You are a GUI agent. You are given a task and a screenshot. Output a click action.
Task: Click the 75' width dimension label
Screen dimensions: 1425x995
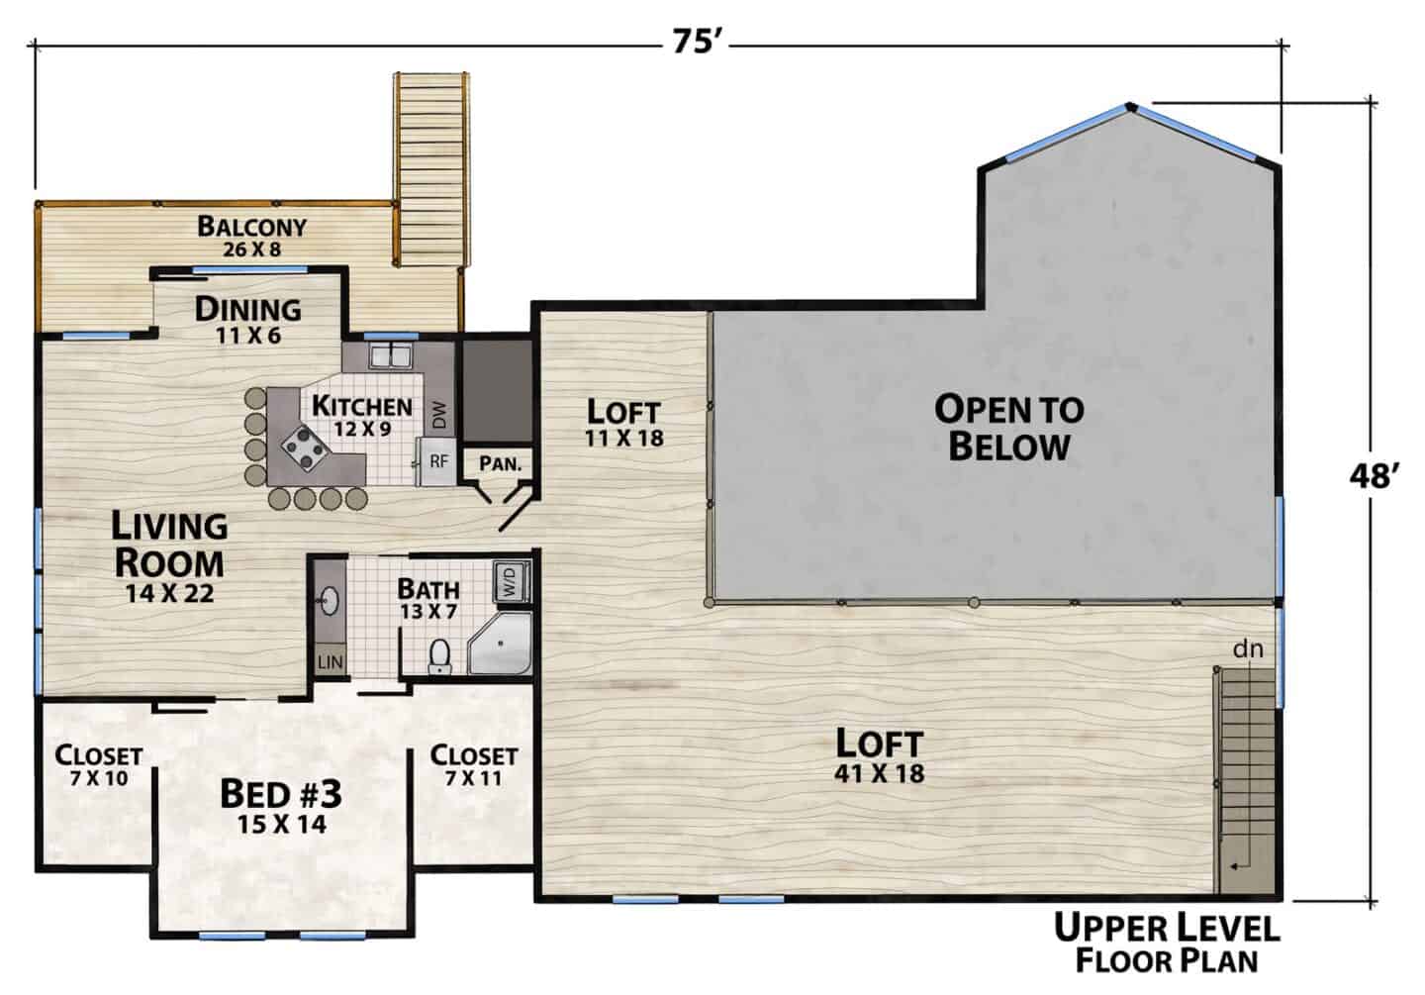tap(697, 44)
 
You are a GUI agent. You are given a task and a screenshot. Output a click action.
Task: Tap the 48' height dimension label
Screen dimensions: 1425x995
tap(1375, 475)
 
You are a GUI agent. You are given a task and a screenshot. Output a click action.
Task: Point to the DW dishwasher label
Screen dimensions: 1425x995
tap(440, 415)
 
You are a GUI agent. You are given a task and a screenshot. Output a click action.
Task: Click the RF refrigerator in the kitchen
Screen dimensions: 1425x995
tap(437, 461)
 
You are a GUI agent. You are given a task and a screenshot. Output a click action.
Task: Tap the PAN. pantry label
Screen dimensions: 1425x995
tap(500, 463)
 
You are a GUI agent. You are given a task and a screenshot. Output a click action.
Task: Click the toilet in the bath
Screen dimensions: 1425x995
tap(439, 655)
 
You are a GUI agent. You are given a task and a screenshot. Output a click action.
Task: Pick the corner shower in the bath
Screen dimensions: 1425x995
tap(501, 645)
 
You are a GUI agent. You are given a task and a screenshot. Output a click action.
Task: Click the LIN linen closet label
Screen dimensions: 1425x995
tap(330, 662)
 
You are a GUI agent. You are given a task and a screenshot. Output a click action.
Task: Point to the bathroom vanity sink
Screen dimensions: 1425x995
tap(330, 600)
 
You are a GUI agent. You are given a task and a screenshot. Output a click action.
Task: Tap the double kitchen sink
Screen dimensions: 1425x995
tap(392, 355)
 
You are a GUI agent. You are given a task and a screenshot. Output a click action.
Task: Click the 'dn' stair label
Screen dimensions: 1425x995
tap(1248, 649)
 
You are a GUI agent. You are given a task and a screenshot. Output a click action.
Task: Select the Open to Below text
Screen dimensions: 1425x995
tap(1009, 428)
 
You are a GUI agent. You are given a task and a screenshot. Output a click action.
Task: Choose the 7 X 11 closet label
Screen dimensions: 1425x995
tap(473, 778)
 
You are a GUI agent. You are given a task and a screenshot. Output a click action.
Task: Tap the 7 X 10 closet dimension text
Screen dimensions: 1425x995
tap(99, 778)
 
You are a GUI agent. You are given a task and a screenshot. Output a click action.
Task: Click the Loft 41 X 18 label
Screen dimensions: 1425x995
tap(879, 755)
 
